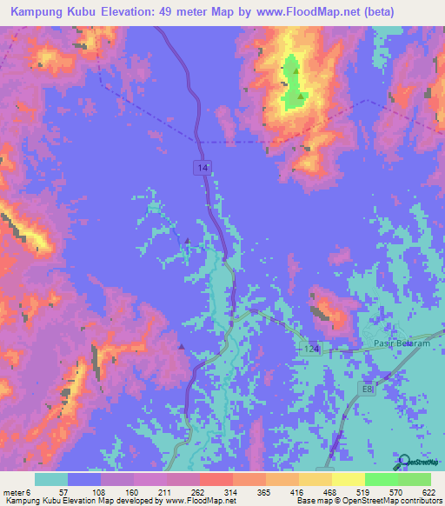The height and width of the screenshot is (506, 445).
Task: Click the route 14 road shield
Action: point(202,165)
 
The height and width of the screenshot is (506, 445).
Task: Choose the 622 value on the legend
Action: point(426,491)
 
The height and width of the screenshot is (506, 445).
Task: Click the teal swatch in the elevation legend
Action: point(51,479)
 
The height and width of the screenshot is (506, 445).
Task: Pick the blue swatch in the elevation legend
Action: point(84,479)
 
